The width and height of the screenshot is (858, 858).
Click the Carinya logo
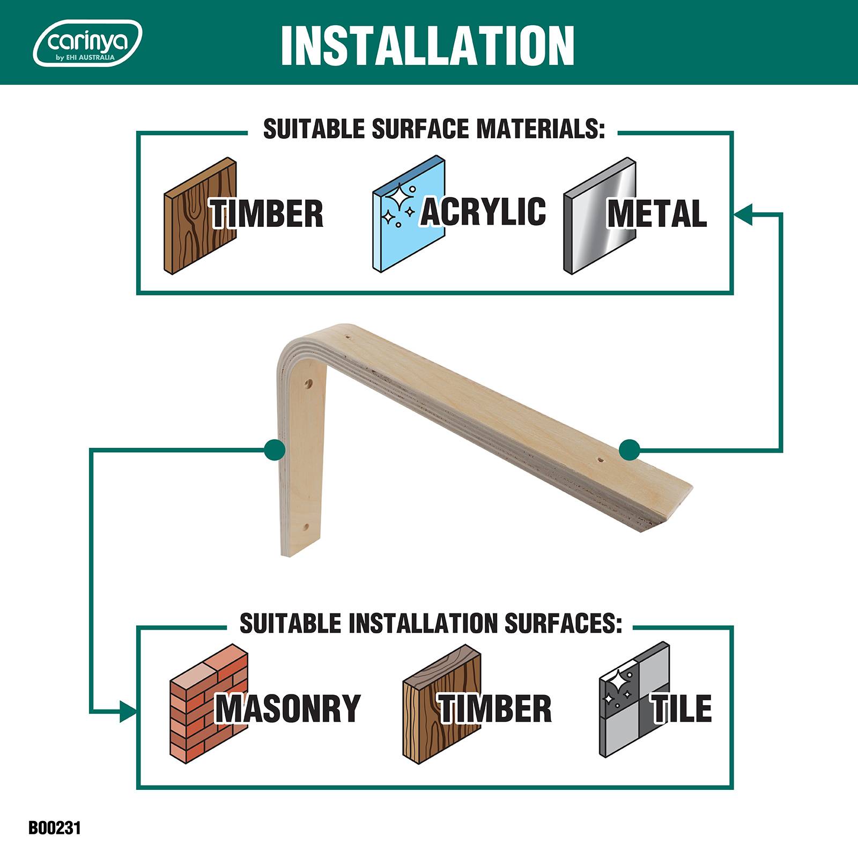87,43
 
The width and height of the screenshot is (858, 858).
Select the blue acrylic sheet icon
409,216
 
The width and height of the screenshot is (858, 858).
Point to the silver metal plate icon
600,216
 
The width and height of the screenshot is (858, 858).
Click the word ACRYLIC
483,211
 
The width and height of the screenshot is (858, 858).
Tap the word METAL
657,213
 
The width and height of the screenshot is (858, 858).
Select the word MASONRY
288,708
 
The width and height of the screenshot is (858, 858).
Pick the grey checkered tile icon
634,700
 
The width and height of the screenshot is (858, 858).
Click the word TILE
682,708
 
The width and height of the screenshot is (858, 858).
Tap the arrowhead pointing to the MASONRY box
128,712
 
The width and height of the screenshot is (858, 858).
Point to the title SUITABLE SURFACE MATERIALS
434,129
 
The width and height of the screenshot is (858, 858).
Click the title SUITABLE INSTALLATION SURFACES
431,624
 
